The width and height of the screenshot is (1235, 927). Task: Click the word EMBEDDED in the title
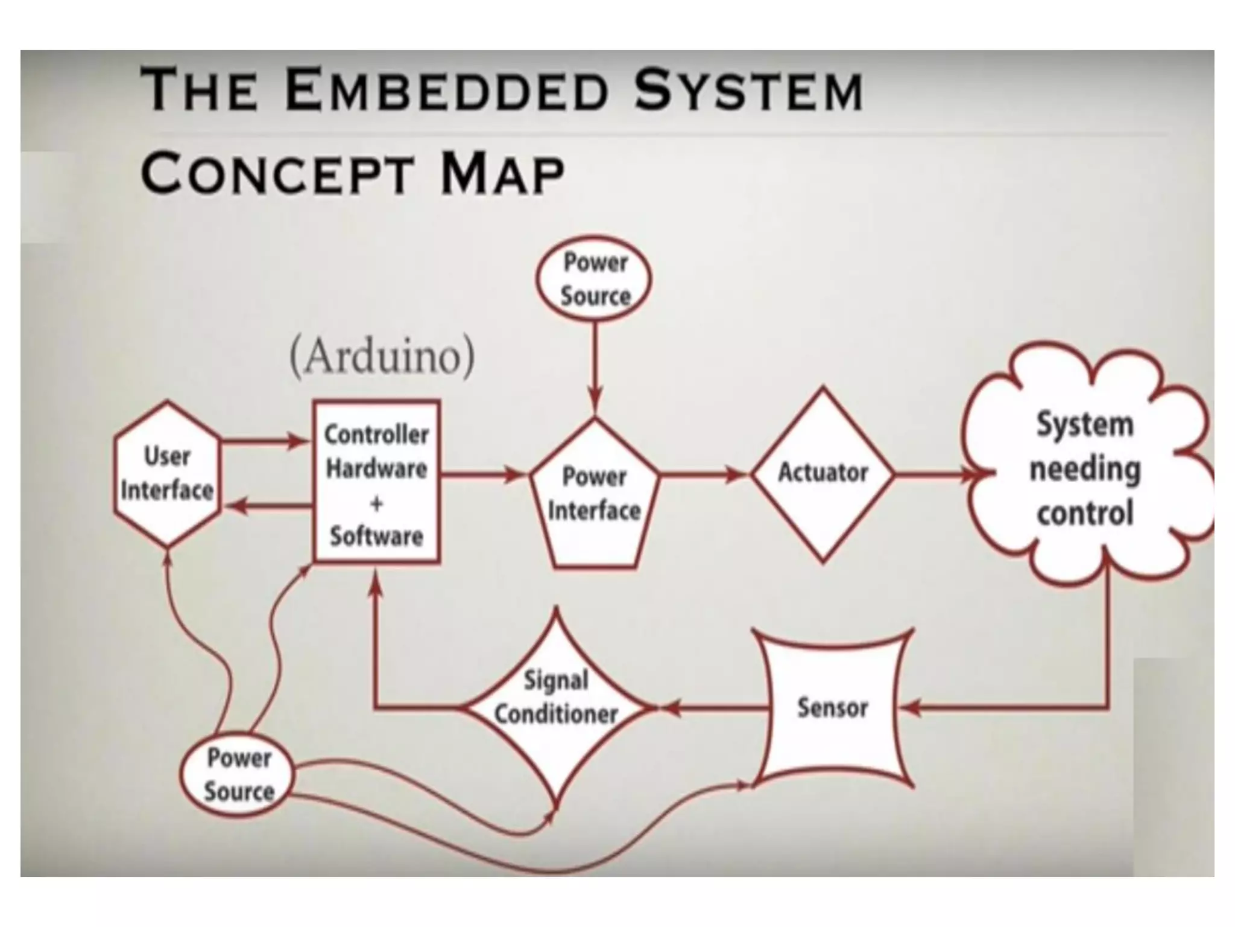coord(446,91)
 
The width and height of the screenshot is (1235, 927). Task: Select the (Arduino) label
coord(382,357)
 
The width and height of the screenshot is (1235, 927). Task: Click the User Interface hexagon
coord(167,474)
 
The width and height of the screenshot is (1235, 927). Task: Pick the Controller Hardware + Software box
coord(377,482)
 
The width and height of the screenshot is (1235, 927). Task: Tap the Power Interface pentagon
coord(594,495)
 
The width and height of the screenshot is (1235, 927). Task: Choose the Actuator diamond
coord(823,474)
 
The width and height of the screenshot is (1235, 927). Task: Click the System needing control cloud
coord(1085,468)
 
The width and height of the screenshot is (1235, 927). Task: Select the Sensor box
coord(833,708)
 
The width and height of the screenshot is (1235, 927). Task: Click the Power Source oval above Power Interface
coord(595,279)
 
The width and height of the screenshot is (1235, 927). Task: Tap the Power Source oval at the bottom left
coord(238,775)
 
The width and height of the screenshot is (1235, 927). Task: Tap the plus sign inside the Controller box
coord(376,503)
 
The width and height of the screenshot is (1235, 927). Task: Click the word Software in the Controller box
coord(376,537)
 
